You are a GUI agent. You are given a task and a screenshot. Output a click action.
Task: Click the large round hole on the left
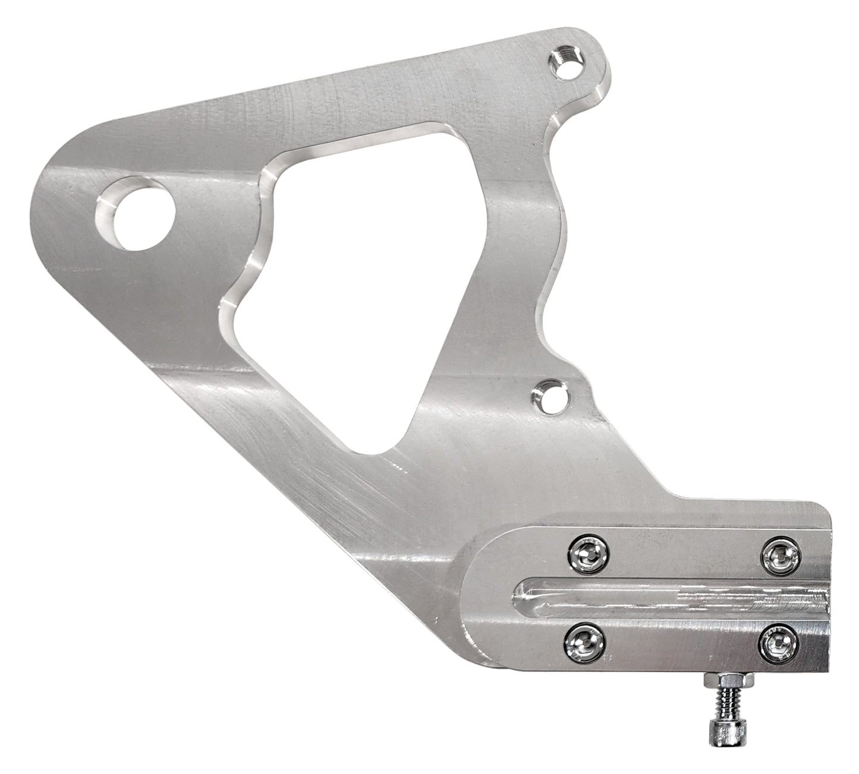click(140, 215)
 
